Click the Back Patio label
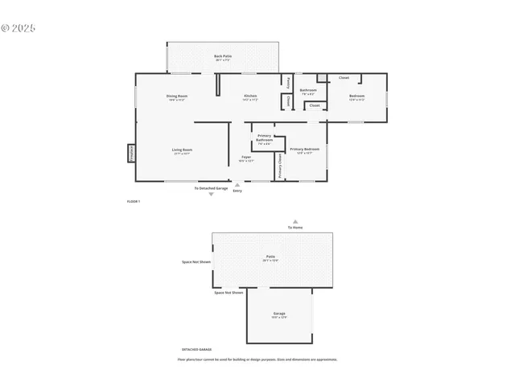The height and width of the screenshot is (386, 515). (222, 56)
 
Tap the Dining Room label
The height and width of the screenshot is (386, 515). (177, 96)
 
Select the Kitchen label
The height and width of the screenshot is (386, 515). (250, 96)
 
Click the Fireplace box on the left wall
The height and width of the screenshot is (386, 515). (132, 154)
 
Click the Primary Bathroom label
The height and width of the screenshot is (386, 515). (264, 138)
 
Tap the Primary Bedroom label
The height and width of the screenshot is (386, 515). (304, 150)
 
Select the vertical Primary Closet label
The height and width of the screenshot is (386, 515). (280, 166)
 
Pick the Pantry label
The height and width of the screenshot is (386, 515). (287, 81)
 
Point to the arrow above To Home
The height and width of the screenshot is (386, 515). (295, 221)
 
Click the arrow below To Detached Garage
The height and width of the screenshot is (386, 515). (212, 194)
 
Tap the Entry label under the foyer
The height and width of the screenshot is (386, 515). (237, 191)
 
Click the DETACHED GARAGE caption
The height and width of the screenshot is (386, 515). (196, 350)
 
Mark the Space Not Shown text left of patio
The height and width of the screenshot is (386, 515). (196, 262)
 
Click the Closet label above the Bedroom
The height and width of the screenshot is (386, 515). (344, 78)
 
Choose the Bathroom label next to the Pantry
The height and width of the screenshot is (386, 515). (308, 90)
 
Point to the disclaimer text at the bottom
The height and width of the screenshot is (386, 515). (257, 359)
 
